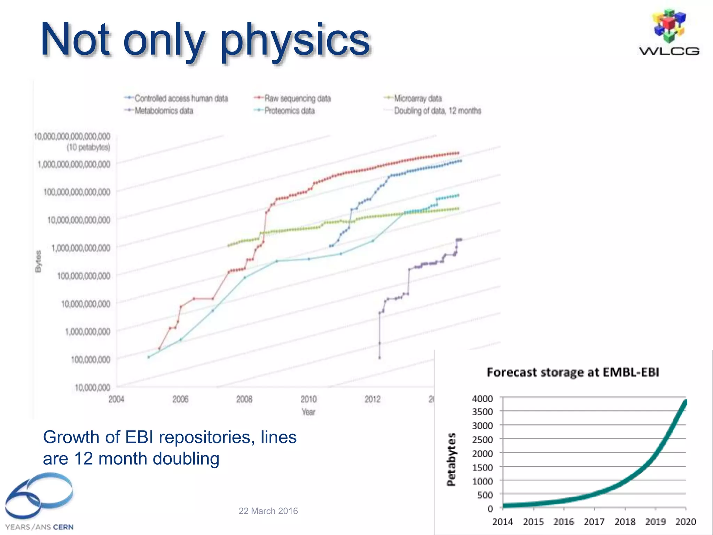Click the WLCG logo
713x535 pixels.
pos(669,33)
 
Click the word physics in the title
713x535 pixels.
pos(295,40)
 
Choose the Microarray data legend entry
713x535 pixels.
pos(417,99)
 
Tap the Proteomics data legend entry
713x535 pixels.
pos(289,111)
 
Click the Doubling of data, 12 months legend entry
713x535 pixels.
pos(437,111)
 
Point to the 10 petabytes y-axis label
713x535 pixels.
pos(88,148)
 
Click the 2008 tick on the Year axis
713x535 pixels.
pos(244,399)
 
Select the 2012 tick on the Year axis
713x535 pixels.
pos(373,399)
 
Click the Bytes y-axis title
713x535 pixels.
pos(38,261)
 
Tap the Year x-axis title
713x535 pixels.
pos(308,412)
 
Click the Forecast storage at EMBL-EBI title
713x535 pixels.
pos(573,372)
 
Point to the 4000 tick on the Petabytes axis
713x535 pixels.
pos(483,398)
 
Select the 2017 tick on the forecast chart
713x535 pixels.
pos(594,522)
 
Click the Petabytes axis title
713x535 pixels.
pos(451,459)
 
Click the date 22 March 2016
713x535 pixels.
pos(268,511)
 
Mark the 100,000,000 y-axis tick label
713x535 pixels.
pos(91,359)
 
